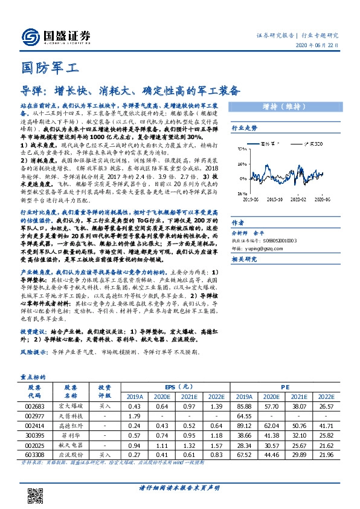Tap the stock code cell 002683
(x=34, y=407)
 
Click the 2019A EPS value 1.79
(x=135, y=417)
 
